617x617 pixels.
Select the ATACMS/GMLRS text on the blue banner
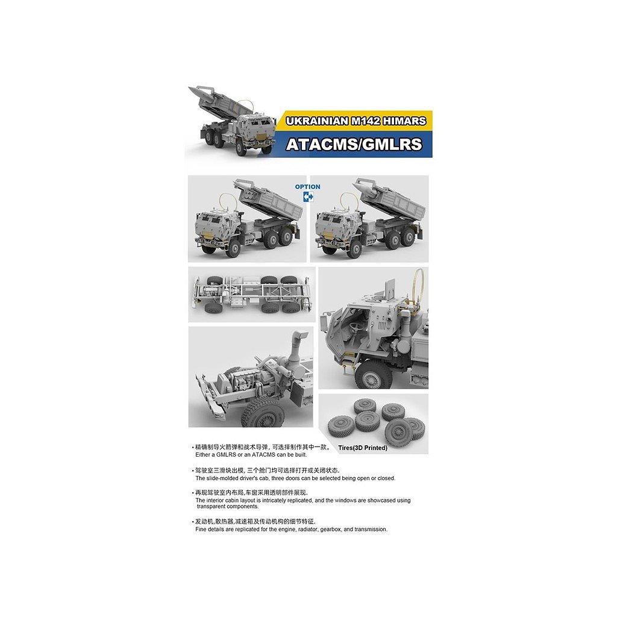pyautogui.click(x=354, y=145)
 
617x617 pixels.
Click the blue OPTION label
pyautogui.click(x=307, y=187)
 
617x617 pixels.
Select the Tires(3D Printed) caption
pyautogui.click(x=363, y=448)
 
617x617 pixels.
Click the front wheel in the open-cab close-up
pyautogui.click(x=373, y=375)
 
